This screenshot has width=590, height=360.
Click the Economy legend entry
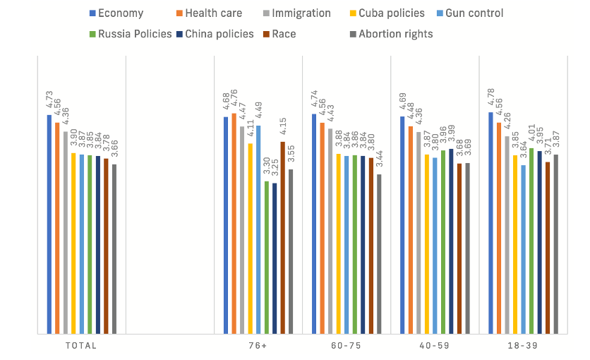pyautogui.click(x=116, y=13)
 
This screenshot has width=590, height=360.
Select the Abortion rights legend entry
pyautogui.click(x=391, y=34)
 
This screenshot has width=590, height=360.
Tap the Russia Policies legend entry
pyautogui.click(x=130, y=34)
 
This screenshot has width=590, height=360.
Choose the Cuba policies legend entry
pyautogui.click(x=387, y=13)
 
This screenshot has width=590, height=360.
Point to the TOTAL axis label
pyautogui.click(x=81, y=346)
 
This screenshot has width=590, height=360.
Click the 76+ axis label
pyautogui.click(x=258, y=346)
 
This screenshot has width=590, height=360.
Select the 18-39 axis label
pyautogui.click(x=523, y=346)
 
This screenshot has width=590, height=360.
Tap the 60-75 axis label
pyautogui.click(x=347, y=346)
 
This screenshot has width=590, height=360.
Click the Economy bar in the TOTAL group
pyautogui.click(x=49, y=224)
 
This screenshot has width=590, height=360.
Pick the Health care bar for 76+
pyautogui.click(x=234, y=224)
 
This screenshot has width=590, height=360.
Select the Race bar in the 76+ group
pyautogui.click(x=282, y=238)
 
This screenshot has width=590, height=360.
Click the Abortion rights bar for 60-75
pyautogui.click(x=379, y=254)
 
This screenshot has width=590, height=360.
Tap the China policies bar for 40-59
pyautogui.click(x=451, y=241)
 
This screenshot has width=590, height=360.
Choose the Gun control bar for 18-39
pyautogui.click(x=523, y=249)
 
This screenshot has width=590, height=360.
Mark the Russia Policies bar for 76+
pyautogui.click(x=266, y=258)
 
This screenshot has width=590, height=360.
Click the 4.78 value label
pyautogui.click(x=490, y=97)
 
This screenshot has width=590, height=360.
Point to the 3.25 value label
pyautogui.click(x=275, y=168)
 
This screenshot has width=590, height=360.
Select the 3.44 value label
pyautogui.click(x=379, y=159)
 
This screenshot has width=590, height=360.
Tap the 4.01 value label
pyautogui.click(x=531, y=133)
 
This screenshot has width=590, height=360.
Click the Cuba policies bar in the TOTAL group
pyautogui.click(x=73, y=244)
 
